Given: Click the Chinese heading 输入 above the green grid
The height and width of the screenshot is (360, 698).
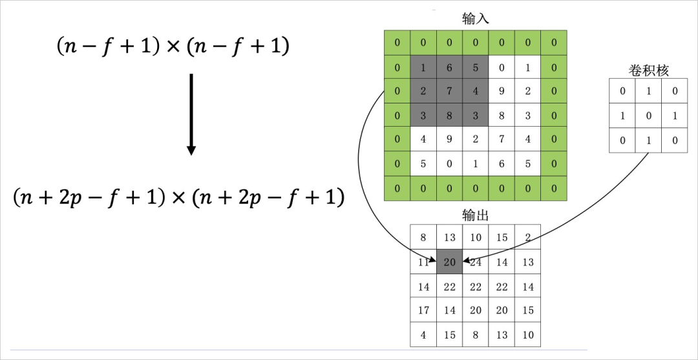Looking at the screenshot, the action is click(x=475, y=18).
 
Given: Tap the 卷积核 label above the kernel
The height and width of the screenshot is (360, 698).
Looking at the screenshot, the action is click(x=648, y=70).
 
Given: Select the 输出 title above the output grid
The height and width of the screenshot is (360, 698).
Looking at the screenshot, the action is click(x=475, y=215).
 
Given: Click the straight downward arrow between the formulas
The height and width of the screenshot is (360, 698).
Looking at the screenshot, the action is click(x=191, y=114).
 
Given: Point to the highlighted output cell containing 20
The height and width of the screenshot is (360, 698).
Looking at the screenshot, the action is click(x=450, y=262).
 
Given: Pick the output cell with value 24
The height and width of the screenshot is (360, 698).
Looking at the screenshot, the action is click(x=476, y=262).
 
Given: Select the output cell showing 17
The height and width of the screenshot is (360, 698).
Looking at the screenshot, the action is click(x=423, y=310).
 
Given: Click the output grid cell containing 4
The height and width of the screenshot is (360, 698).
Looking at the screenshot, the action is click(x=423, y=335).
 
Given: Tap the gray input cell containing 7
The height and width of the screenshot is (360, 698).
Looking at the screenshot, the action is click(x=450, y=90).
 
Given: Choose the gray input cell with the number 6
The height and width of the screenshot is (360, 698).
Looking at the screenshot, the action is click(x=450, y=67).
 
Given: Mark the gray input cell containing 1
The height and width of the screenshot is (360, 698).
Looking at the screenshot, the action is click(x=423, y=67).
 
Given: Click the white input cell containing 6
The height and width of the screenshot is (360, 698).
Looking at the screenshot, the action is click(x=502, y=164).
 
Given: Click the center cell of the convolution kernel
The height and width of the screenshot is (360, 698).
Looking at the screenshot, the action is click(x=648, y=116).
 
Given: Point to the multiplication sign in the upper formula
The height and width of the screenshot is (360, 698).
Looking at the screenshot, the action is click(x=173, y=47).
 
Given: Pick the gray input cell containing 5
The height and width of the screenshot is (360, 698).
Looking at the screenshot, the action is click(x=476, y=67).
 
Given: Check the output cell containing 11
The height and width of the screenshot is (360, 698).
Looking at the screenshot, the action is click(x=423, y=262).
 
